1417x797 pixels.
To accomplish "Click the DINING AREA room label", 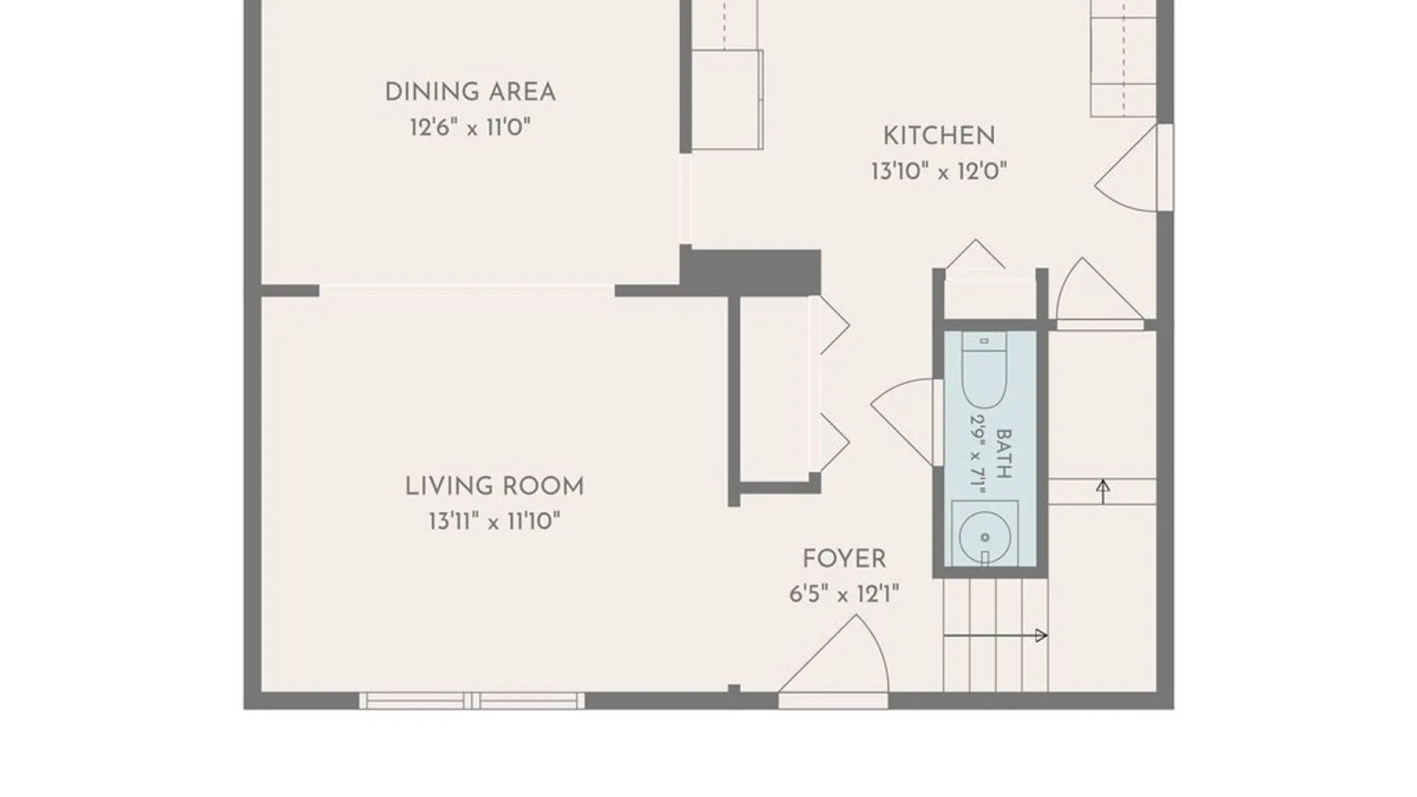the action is [470, 92].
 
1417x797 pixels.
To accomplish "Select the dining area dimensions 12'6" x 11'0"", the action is [470, 128].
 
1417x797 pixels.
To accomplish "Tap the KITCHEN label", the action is [939, 136].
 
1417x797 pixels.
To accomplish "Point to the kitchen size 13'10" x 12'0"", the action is [939, 171].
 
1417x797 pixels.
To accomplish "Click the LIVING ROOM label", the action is [494, 486].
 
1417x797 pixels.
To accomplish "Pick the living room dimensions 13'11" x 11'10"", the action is [494, 522].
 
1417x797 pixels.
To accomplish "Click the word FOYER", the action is [844, 559].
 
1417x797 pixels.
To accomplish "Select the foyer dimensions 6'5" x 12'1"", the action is [844, 594].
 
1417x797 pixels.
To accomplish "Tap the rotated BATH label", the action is [1004, 454].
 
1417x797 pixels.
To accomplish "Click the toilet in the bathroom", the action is [984, 369].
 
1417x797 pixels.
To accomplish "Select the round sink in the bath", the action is [985, 536].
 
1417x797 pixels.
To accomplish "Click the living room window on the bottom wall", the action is [472, 701].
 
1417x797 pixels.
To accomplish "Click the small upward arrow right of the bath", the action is [1103, 491].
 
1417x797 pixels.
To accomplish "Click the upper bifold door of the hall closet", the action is [830, 325].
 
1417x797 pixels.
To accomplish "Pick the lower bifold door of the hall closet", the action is [830, 443].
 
